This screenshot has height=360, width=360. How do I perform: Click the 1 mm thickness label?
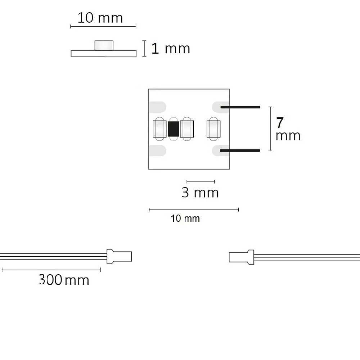tap(171, 49)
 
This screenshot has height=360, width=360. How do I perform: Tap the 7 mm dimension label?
tap(288, 129)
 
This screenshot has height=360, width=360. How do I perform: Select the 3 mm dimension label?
tap(200, 192)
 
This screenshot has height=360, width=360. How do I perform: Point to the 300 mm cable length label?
tap(64, 280)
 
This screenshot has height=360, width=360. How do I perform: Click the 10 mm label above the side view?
tap(100, 18)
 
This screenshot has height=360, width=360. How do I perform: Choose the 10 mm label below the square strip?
tap(185, 219)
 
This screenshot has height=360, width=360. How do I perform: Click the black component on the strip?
tap(174, 129)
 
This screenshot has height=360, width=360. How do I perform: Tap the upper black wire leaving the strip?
tap(240, 107)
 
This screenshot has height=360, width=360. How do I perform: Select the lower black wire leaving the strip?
tap(240, 150)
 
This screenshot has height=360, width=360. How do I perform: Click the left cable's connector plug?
tap(119, 256)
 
